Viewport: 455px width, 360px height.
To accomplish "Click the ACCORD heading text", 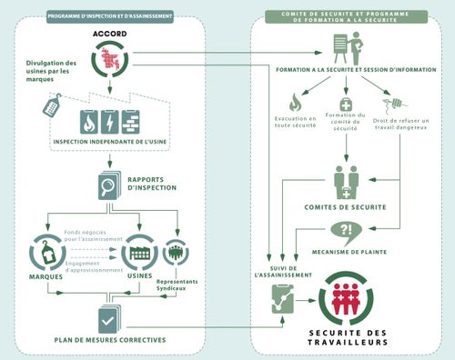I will tap(108, 34).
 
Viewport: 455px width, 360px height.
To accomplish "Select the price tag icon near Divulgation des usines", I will tap(51, 105).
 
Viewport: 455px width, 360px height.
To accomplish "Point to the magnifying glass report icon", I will tap(107, 187).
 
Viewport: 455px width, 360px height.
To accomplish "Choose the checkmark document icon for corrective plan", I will tap(107, 319).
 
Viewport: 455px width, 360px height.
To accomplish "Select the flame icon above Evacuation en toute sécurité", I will tap(293, 101).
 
